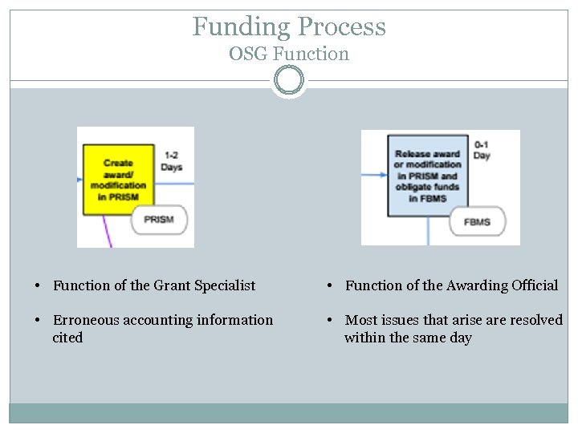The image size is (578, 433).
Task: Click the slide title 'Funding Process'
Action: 289,26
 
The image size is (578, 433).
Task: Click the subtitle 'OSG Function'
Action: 289,55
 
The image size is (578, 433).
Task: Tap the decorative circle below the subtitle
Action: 289,80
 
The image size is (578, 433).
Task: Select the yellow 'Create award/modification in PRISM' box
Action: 117,179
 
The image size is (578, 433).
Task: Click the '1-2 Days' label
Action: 171,161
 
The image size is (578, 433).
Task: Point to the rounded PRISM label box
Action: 159,219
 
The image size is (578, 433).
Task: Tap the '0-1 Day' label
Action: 482,150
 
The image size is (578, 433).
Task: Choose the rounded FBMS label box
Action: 477,222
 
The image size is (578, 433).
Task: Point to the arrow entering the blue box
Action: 374,174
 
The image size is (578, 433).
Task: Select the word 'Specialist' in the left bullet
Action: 227,285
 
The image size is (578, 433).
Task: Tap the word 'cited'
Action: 67,338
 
